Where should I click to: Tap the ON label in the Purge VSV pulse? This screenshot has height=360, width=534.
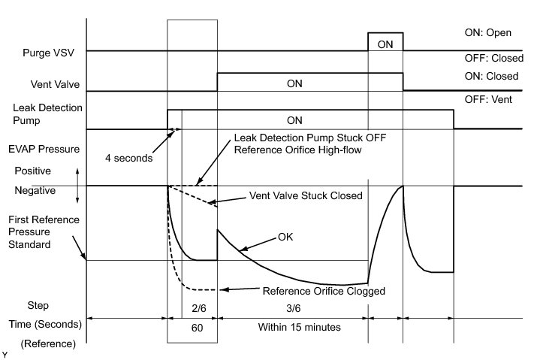(x=385, y=44)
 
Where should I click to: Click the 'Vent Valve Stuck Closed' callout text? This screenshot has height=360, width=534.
(x=305, y=195)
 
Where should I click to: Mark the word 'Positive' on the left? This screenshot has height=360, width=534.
(x=32, y=171)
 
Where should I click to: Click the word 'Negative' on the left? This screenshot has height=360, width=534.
(x=35, y=191)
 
